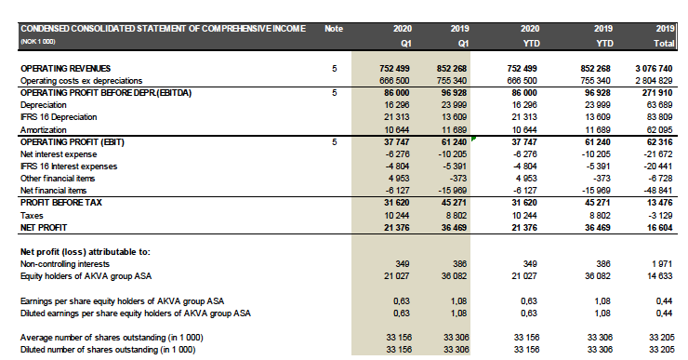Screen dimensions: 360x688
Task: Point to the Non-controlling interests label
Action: click(x=64, y=264)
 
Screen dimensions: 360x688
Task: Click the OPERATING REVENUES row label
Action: click(x=64, y=69)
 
